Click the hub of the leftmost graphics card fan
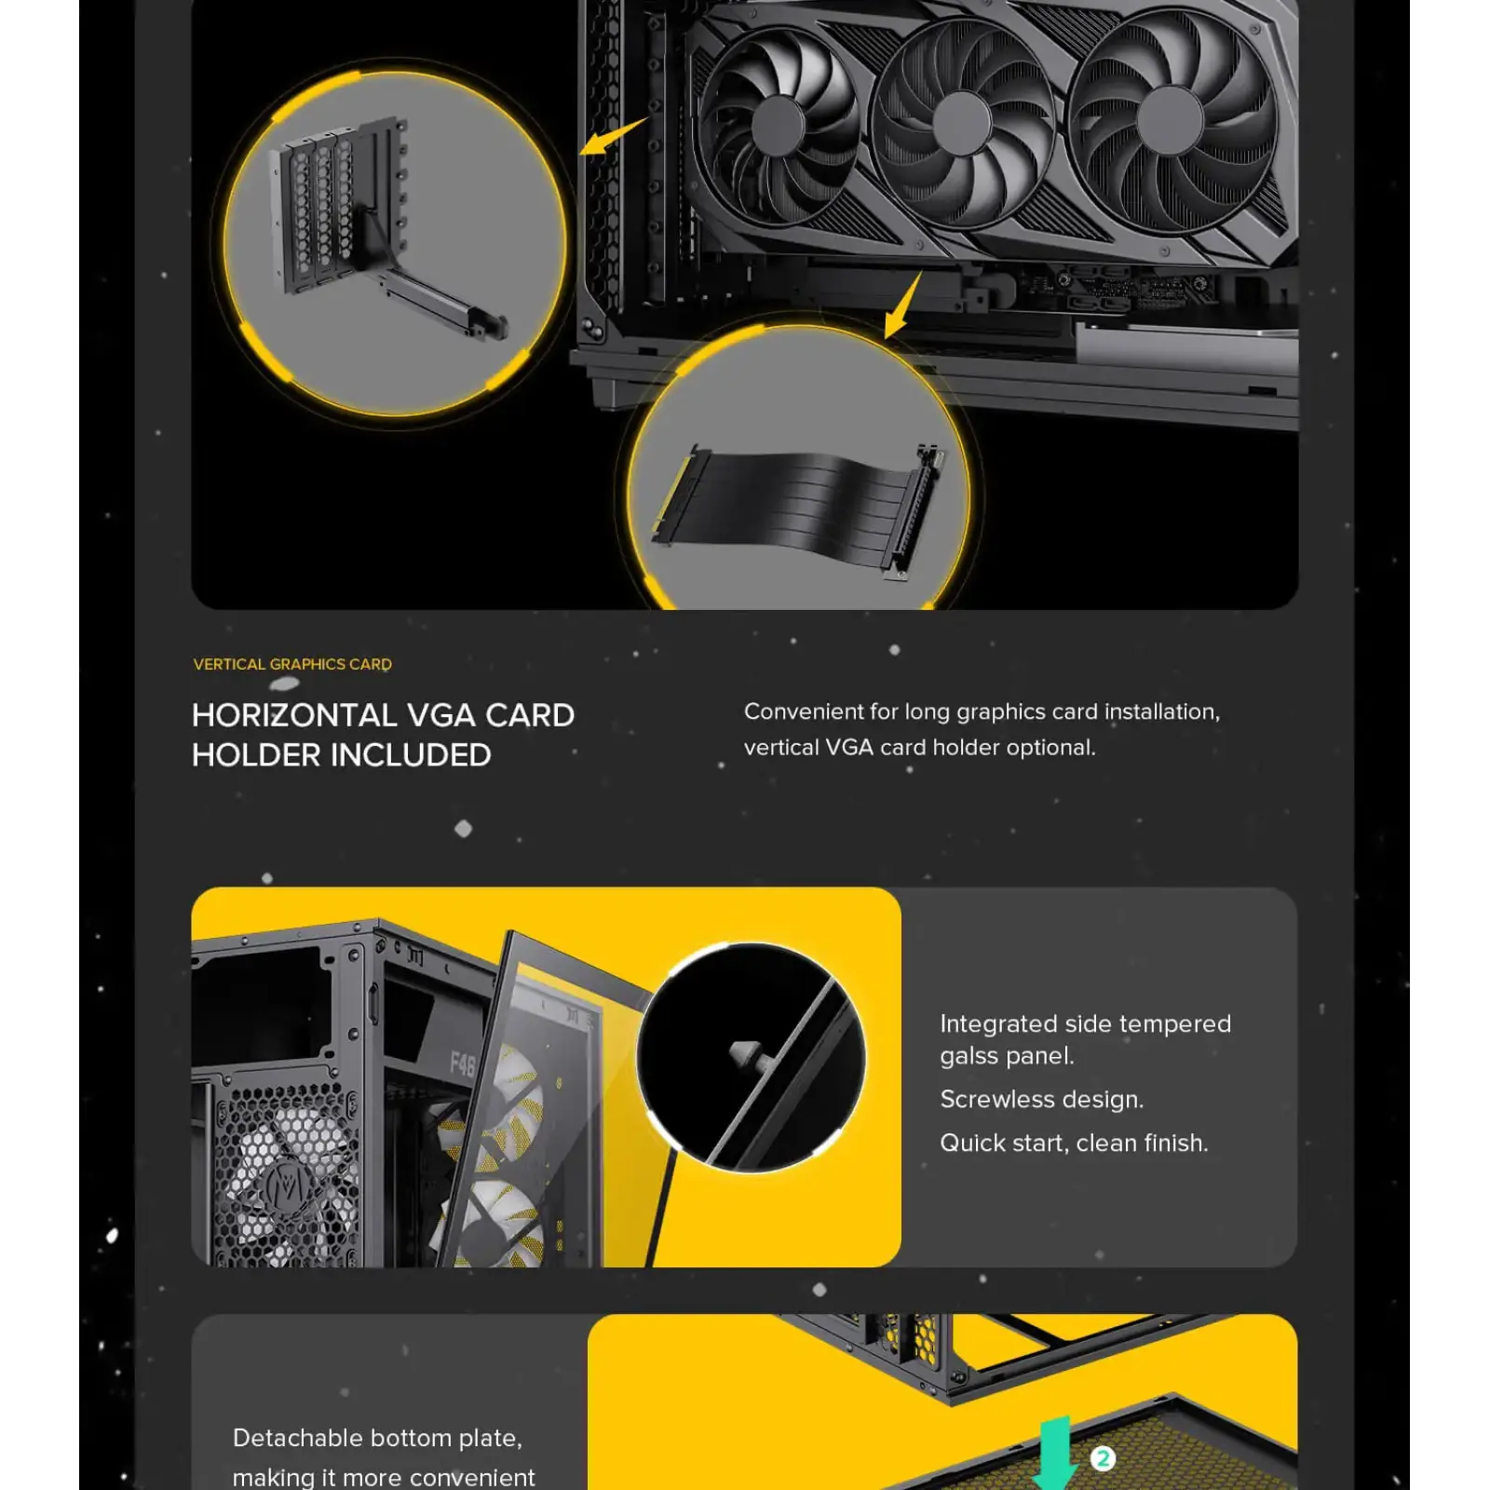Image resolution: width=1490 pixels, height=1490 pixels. click(778, 126)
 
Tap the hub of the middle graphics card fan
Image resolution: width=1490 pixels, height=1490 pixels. click(961, 124)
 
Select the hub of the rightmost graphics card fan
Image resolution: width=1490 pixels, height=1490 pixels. click(1170, 122)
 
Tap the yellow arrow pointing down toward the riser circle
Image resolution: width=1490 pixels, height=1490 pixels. click(901, 306)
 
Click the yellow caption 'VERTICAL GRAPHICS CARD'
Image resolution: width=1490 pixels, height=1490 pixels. click(292, 664)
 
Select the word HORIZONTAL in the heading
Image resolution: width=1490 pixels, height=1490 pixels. click(294, 715)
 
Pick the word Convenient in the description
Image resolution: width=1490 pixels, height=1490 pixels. click(803, 711)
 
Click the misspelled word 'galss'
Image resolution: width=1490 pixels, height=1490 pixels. click(968, 1056)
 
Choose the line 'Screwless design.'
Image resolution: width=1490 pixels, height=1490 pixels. click(1041, 1100)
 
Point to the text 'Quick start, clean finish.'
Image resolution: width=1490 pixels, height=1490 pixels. click(1074, 1144)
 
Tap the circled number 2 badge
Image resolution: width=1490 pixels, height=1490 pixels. click(1103, 1458)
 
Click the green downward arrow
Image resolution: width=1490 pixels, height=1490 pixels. click(1054, 1453)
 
